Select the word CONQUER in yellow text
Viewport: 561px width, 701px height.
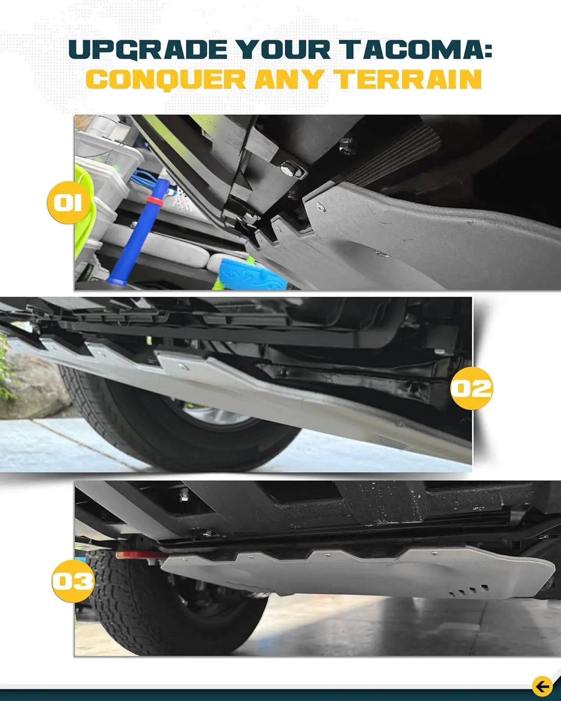(x=166, y=79)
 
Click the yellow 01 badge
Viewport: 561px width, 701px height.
(x=68, y=202)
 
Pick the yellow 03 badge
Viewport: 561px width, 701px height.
(x=72, y=581)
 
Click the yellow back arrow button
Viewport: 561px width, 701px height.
(x=542, y=687)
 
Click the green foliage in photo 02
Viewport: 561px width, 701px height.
(x=6, y=369)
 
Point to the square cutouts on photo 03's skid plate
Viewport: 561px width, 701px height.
(x=467, y=591)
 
